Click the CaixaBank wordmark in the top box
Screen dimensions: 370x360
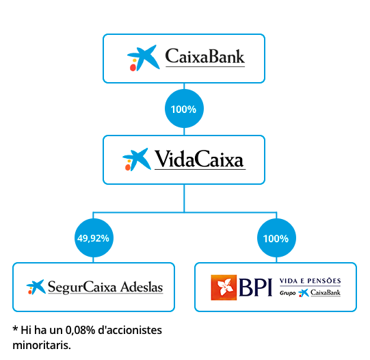[204, 56]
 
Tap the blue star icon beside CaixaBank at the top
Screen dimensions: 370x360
[143, 58]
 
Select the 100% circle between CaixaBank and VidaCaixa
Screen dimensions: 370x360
[184, 109]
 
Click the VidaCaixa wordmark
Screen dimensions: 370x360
[199, 159]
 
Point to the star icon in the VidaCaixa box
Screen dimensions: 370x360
[137, 159]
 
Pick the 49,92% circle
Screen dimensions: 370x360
[94, 238]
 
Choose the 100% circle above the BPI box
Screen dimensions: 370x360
[276, 238]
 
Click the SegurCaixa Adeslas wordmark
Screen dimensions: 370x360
[105, 287]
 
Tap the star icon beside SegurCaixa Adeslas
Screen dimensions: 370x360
[36, 287]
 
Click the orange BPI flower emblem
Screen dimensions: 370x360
[224, 287]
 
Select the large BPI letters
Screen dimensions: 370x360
[256, 287]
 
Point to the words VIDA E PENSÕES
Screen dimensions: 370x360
[310, 281]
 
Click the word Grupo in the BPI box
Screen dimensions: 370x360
[287, 293]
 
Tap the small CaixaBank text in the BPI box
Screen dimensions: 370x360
[326, 292]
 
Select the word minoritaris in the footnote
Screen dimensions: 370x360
[42, 345]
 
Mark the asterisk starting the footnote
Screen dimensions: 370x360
[15, 328]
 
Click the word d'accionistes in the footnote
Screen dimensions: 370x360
[130, 330]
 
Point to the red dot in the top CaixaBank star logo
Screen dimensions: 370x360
[133, 68]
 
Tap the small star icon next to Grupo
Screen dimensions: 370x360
[304, 293]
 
